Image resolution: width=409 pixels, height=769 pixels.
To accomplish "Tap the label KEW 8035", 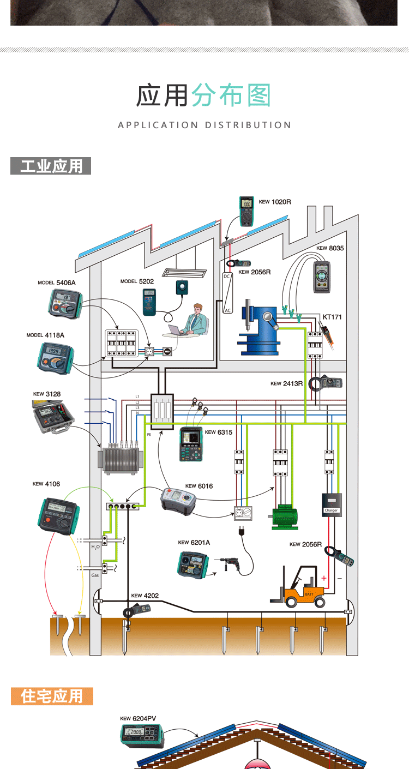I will [x=330, y=248].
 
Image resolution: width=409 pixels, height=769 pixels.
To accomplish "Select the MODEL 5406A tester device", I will [x=64, y=303].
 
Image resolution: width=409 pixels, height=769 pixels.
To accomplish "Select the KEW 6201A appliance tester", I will [x=193, y=564].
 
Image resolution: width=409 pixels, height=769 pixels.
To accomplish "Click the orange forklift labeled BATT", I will [x=301, y=589].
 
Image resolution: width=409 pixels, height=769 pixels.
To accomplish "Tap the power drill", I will [x=231, y=564].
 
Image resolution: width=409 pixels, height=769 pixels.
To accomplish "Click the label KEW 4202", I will [x=145, y=596].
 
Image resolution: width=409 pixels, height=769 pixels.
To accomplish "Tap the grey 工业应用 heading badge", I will [x=51, y=166].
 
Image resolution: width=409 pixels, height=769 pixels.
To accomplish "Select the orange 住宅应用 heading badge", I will [x=52, y=696].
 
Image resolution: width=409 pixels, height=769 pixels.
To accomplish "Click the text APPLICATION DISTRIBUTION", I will [x=204, y=125].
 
